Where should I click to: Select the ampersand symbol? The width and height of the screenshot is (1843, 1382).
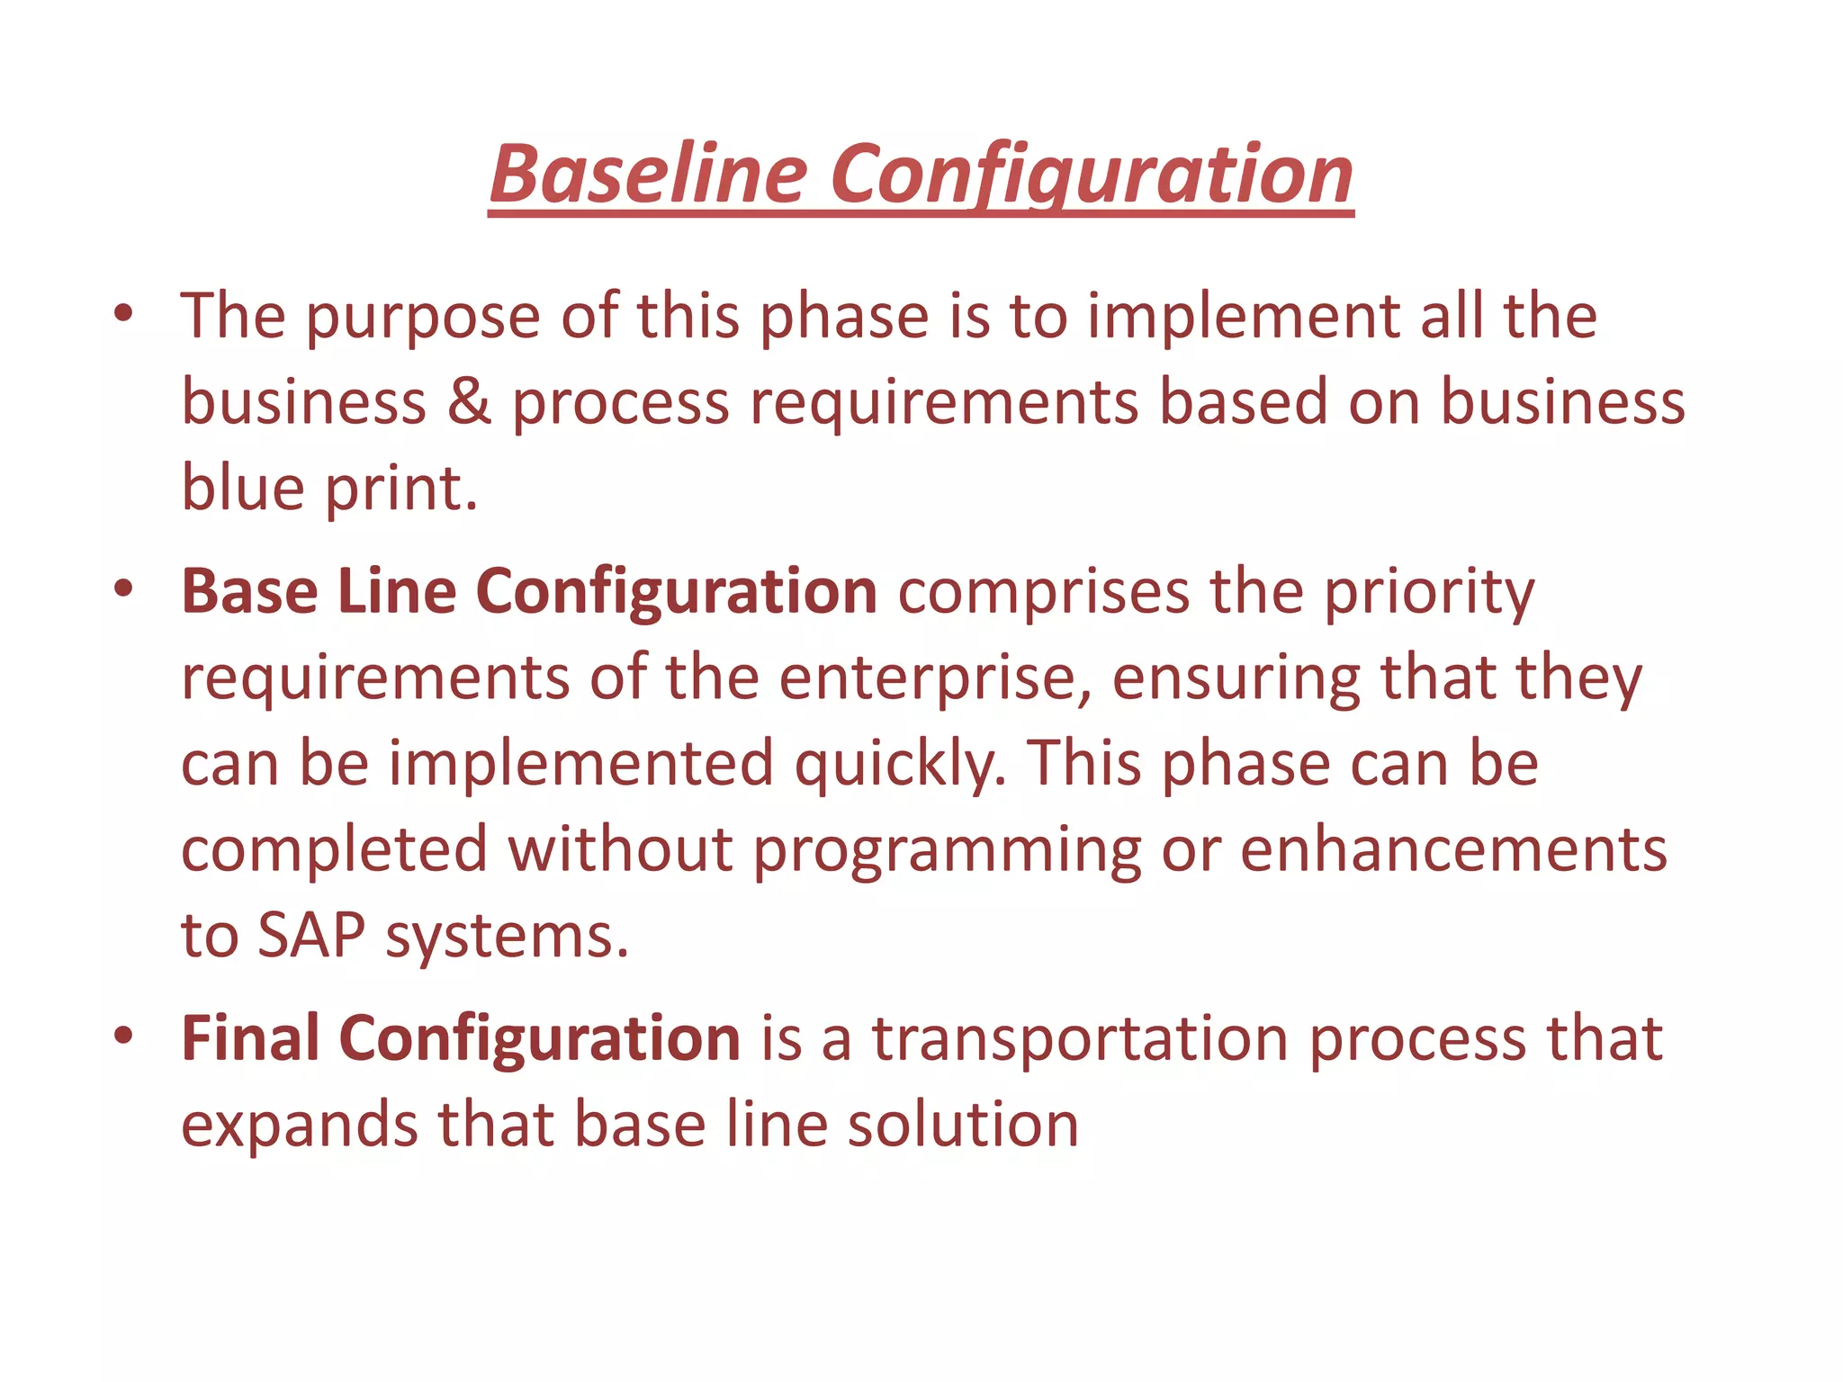pos(469,401)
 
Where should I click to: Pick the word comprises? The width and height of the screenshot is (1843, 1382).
pos(1043,593)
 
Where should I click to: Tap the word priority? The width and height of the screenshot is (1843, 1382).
pos(1429,593)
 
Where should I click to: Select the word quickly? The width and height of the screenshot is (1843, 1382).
pos(900,764)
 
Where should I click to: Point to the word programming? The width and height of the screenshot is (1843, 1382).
pos(947,851)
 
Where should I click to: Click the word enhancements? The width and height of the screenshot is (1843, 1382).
pos(1453,849)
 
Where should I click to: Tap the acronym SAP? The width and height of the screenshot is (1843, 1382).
pos(311,936)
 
